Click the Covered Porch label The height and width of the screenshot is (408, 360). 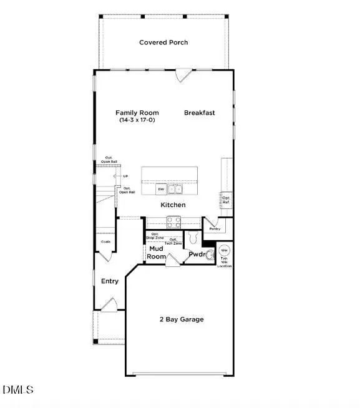coord(163,42)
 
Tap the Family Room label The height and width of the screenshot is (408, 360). coord(137,113)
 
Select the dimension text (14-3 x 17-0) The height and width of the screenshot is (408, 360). coord(137,120)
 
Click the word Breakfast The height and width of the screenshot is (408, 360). coord(199,113)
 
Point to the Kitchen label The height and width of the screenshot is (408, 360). coord(173,205)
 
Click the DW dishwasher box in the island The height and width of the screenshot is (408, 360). coord(160,189)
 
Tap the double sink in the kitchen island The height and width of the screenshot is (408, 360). coord(175,189)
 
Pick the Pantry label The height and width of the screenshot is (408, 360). coord(215,229)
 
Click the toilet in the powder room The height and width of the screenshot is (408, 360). coord(193,238)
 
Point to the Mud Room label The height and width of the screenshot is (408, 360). coord(156,253)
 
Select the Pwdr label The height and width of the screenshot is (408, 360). coord(197,255)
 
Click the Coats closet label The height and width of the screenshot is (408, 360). coord(105,242)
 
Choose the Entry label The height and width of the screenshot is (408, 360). coord(110,281)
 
